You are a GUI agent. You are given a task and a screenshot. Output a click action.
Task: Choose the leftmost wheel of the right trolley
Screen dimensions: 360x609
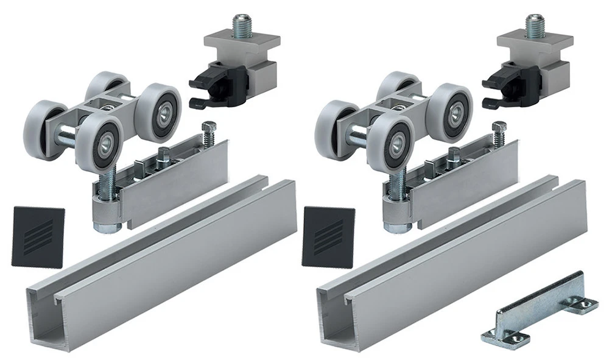(335, 125)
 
